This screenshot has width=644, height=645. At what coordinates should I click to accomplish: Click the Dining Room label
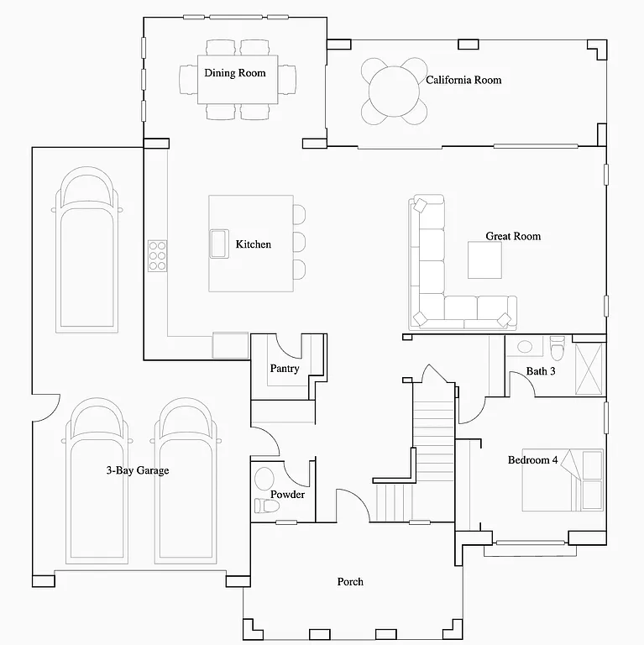pyautogui.click(x=234, y=73)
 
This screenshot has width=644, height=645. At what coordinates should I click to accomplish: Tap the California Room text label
pyautogui.click(x=463, y=80)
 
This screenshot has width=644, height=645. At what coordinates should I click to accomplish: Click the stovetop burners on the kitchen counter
pyautogui.click(x=158, y=255)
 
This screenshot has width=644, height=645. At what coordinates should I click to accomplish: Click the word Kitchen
pyautogui.click(x=253, y=244)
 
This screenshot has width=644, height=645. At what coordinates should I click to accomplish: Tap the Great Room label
pyautogui.click(x=513, y=236)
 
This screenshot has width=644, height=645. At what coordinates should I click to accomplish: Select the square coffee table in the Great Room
pyautogui.click(x=484, y=260)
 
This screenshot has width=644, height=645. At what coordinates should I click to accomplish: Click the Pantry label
pyautogui.click(x=285, y=369)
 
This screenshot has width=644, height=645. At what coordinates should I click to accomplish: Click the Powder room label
pyautogui.click(x=287, y=495)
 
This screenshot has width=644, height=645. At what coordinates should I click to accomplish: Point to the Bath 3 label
pyautogui.click(x=541, y=370)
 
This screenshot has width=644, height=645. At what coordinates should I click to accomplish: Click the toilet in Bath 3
pyautogui.click(x=557, y=346)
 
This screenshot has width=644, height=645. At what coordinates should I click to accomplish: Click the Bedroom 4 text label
pyautogui.click(x=532, y=459)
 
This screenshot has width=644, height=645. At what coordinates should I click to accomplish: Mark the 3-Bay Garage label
pyautogui.click(x=137, y=470)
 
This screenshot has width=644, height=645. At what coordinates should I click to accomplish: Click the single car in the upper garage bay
pyautogui.click(x=86, y=252)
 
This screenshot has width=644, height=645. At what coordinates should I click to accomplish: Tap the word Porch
pyautogui.click(x=350, y=581)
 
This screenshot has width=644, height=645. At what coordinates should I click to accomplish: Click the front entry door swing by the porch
pyautogui.click(x=351, y=504)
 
